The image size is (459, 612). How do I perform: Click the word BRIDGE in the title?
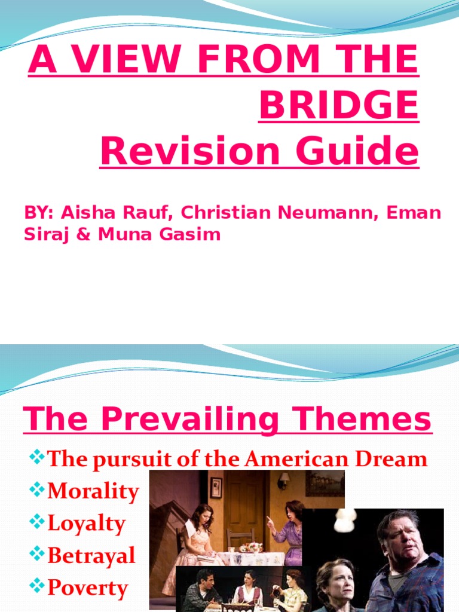tap(339, 106)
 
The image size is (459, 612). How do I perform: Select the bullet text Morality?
tap(93, 492)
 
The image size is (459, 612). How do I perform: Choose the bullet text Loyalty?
tap(86, 524)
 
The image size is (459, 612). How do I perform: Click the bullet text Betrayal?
tap(91, 556)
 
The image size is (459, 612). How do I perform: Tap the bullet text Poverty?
tap(87, 589)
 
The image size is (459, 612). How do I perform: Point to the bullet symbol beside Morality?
tap(37, 491)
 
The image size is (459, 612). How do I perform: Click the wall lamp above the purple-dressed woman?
tap(283, 480)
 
